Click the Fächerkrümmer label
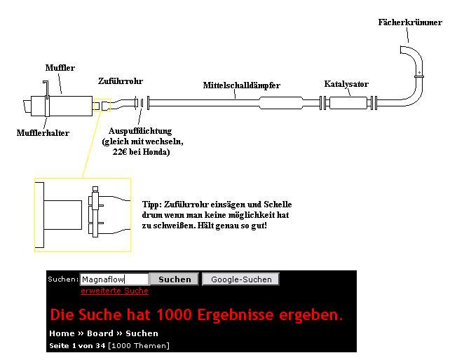(410, 22)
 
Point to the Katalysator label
(346, 84)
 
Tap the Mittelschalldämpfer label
(242, 85)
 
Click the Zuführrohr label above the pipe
(121, 81)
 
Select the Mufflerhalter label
(43, 133)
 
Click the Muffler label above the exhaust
(60, 67)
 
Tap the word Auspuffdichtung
(140, 131)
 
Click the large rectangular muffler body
(62, 106)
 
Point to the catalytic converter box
(348, 103)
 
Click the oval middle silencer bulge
(281, 103)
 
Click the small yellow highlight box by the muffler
(102, 106)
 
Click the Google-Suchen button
(240, 279)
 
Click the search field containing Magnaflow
(114, 279)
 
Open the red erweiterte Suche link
(114, 291)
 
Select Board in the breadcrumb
(100, 333)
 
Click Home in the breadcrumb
(62, 333)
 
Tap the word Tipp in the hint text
(151, 205)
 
